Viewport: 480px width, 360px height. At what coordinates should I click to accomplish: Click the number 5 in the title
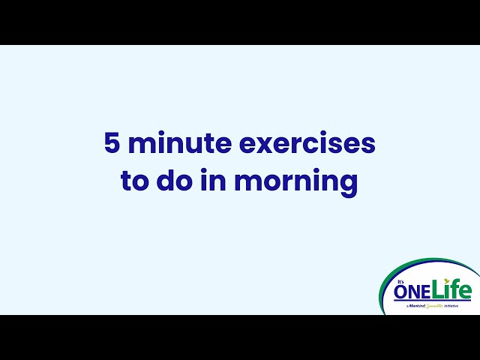[112, 144]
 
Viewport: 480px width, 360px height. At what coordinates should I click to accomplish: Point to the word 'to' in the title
[135, 182]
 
